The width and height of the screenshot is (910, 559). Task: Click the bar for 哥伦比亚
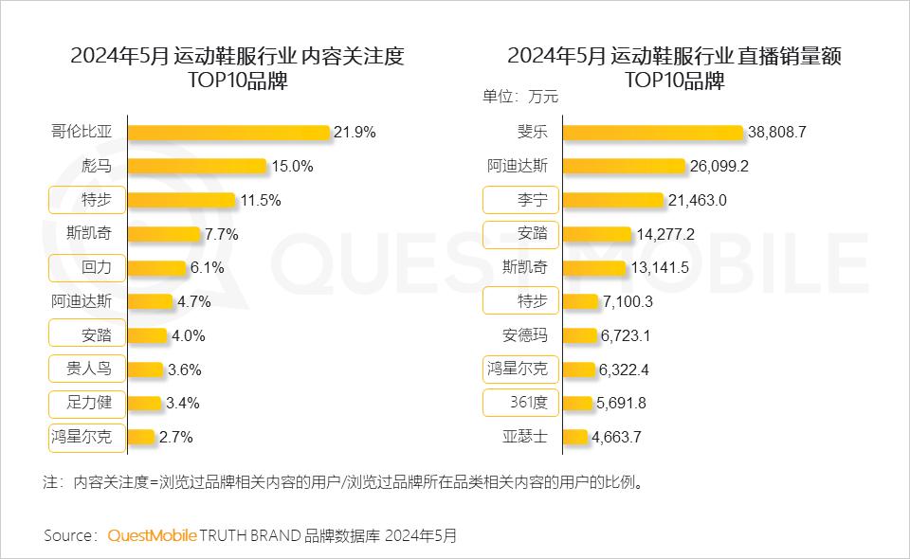click(228, 133)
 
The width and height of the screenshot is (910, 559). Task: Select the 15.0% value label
click(292, 167)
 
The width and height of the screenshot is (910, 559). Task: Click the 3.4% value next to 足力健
click(182, 403)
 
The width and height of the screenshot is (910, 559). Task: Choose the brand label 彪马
click(97, 166)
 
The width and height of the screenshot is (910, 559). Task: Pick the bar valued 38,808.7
click(653, 133)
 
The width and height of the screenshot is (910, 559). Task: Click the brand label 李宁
click(532, 200)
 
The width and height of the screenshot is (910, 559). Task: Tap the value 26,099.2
click(719, 167)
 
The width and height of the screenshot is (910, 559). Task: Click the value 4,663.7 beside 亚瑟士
click(622, 438)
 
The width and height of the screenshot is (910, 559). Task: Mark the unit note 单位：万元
click(520, 96)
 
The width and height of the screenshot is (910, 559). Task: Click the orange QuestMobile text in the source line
click(152, 536)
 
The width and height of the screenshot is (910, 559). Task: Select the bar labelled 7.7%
click(164, 234)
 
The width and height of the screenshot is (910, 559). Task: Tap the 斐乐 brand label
click(532, 132)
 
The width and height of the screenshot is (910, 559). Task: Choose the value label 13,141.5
click(659, 268)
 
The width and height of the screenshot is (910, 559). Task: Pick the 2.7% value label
click(178, 438)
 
